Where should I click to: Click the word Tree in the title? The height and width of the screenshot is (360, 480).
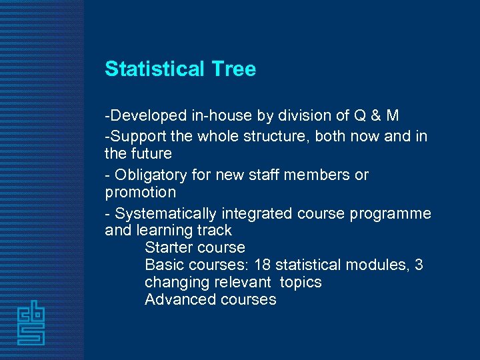pos(233,69)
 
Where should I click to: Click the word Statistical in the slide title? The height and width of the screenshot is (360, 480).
pos(155,69)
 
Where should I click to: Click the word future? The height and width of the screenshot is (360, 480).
pos(151,153)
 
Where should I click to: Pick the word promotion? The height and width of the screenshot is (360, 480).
pos(141,193)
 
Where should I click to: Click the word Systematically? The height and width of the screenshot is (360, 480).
pos(165,213)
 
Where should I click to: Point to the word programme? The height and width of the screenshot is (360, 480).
pos(394,213)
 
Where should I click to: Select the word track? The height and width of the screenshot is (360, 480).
pos(213,231)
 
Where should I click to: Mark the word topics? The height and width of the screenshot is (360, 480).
pos(301,282)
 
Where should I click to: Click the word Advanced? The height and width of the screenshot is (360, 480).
pos(175,299)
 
